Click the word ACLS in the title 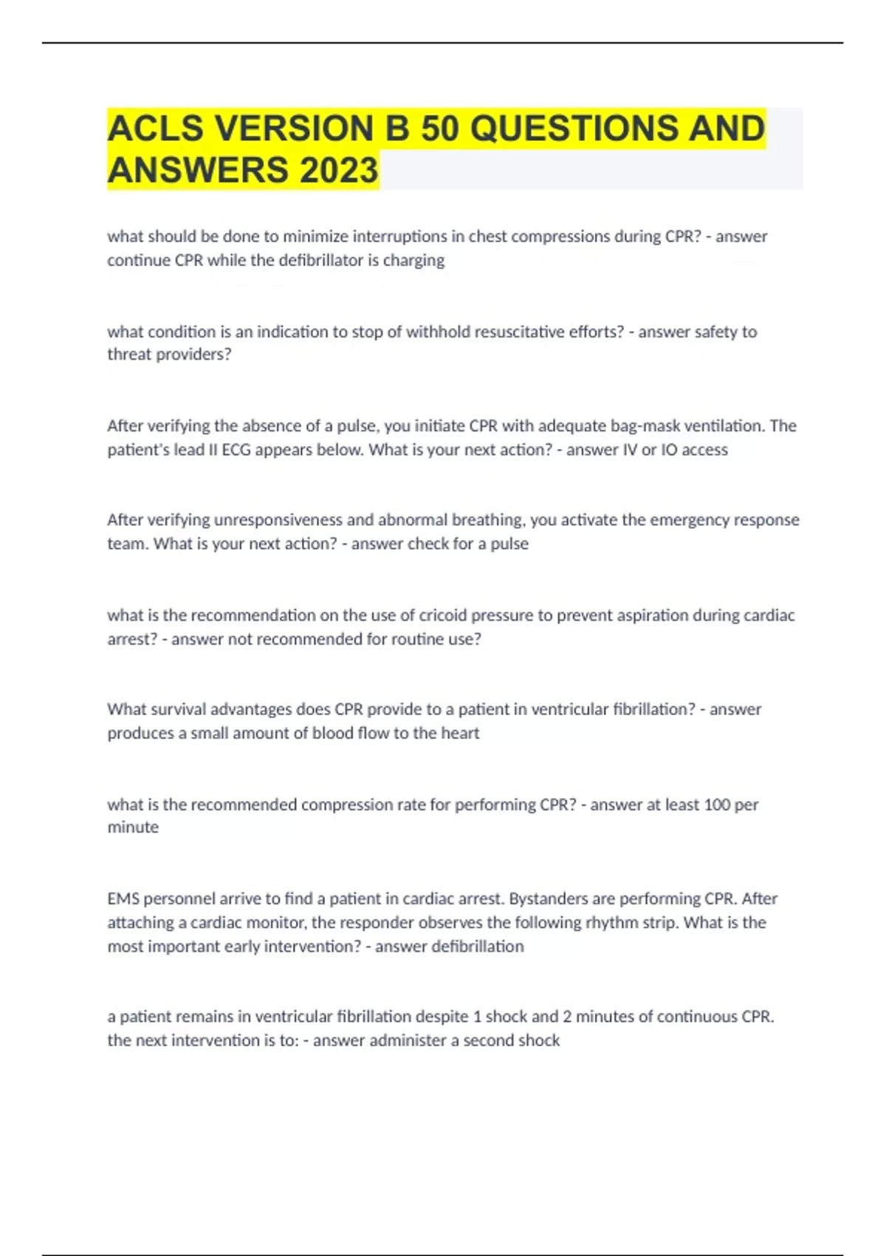[x=156, y=129]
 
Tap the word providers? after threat [x=196, y=355]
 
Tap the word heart [x=460, y=733]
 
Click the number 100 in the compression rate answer [x=716, y=805]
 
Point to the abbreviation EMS [x=123, y=899]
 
